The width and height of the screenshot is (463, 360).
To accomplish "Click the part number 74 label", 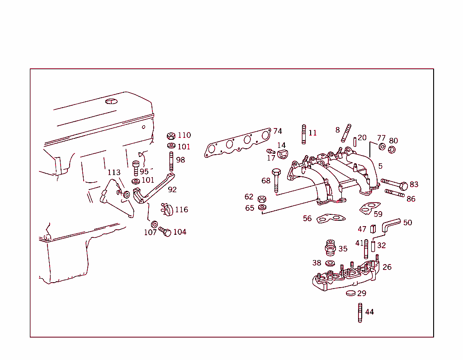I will (277, 131).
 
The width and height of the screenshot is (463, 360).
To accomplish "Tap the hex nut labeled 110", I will (171, 136).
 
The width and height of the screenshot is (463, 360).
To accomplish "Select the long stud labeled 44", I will (360, 313).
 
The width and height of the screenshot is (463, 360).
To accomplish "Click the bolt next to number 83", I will (395, 184).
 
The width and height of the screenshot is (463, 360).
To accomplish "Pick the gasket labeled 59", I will (370, 208).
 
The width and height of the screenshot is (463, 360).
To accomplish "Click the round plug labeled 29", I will (351, 294).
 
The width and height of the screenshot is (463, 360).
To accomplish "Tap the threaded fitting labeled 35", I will (330, 248).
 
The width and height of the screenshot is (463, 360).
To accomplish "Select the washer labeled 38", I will (330, 263).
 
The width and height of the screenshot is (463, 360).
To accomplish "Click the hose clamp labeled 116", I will (166, 209).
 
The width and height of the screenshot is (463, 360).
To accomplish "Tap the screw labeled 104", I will (165, 232).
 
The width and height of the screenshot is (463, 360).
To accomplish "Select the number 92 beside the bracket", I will (172, 189).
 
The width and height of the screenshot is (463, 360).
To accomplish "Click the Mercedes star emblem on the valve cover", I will (111, 101).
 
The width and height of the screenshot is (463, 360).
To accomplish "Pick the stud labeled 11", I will (303, 134).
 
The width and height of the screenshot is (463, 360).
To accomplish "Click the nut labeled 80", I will (392, 150).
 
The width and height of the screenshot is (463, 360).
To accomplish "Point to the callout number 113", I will (114, 172).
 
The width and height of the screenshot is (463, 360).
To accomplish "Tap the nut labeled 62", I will (261, 199).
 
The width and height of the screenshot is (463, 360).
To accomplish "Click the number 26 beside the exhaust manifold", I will (387, 267).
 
